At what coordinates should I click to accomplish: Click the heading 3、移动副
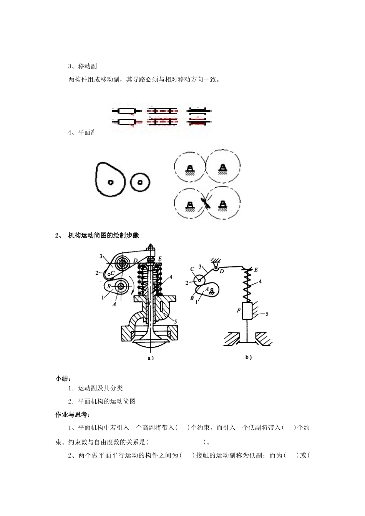point(82,66)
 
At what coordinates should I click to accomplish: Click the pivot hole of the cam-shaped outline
point(110,182)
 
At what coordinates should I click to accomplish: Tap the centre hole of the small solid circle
point(140,182)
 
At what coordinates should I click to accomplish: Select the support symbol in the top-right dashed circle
point(222,169)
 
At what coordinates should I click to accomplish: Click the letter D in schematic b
point(222,271)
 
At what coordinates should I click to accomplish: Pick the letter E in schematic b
point(257,269)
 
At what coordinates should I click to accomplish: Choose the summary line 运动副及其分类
point(100,389)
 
